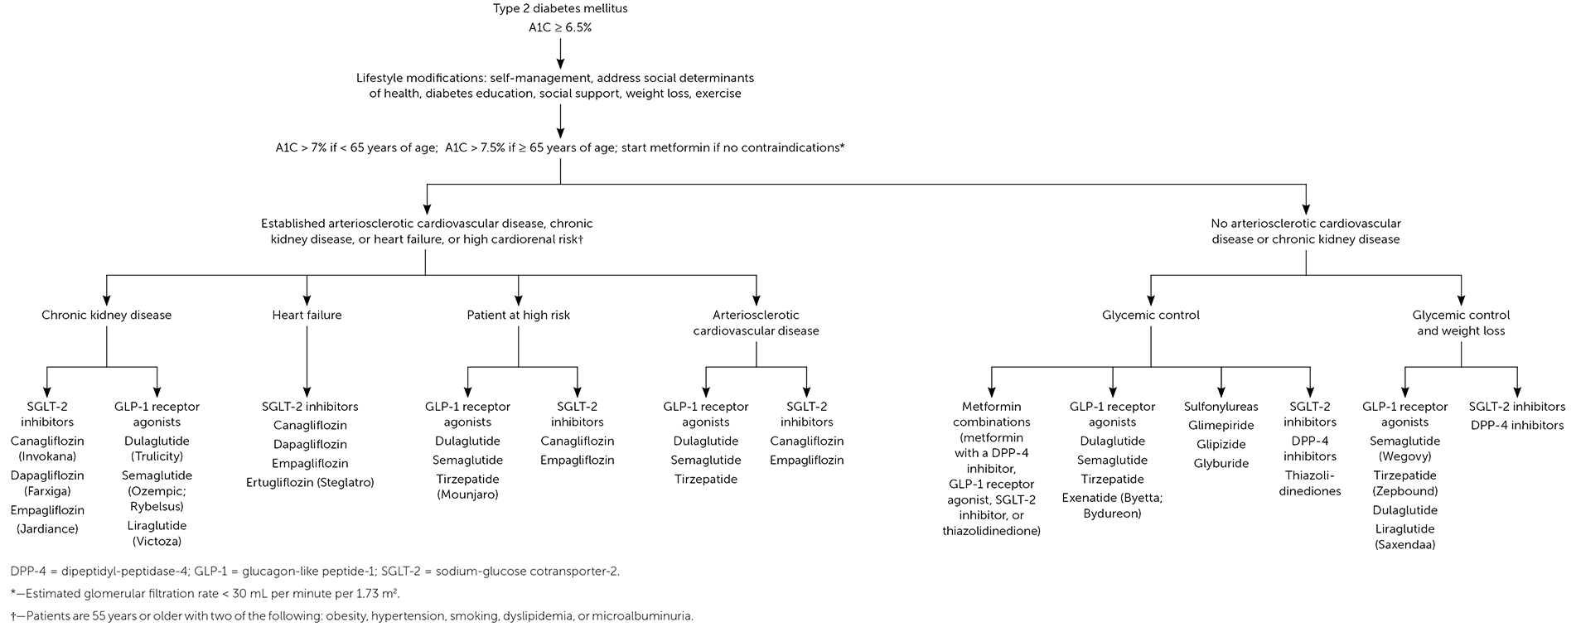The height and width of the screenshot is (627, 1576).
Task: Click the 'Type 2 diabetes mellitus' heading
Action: tap(560, 9)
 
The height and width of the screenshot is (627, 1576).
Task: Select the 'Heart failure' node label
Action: tap(307, 315)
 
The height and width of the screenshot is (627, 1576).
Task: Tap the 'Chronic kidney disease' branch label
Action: tap(107, 315)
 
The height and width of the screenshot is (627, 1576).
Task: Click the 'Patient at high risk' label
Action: tap(519, 315)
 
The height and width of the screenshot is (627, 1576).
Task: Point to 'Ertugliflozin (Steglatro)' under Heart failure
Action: tap(310, 482)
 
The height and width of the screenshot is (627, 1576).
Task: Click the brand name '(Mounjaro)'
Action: tap(467, 494)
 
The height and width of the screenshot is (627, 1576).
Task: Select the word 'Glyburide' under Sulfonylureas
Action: tap(1221, 463)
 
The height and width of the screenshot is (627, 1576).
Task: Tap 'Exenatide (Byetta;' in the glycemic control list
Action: tap(1112, 498)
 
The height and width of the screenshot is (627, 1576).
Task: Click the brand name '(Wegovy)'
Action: tap(1404, 456)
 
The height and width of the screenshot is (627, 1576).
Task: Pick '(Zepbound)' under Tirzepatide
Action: tap(1404, 491)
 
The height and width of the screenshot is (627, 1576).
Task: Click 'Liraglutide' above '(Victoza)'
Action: tap(157, 525)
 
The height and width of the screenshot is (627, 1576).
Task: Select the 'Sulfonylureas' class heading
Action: tap(1221, 407)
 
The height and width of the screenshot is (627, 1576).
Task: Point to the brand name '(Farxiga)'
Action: tap(47, 491)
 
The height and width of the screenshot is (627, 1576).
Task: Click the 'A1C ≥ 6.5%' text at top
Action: tap(560, 27)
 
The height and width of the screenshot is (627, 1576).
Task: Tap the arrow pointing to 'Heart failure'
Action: tap(307, 296)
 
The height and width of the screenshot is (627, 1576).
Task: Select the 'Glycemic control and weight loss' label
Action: tap(1461, 323)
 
